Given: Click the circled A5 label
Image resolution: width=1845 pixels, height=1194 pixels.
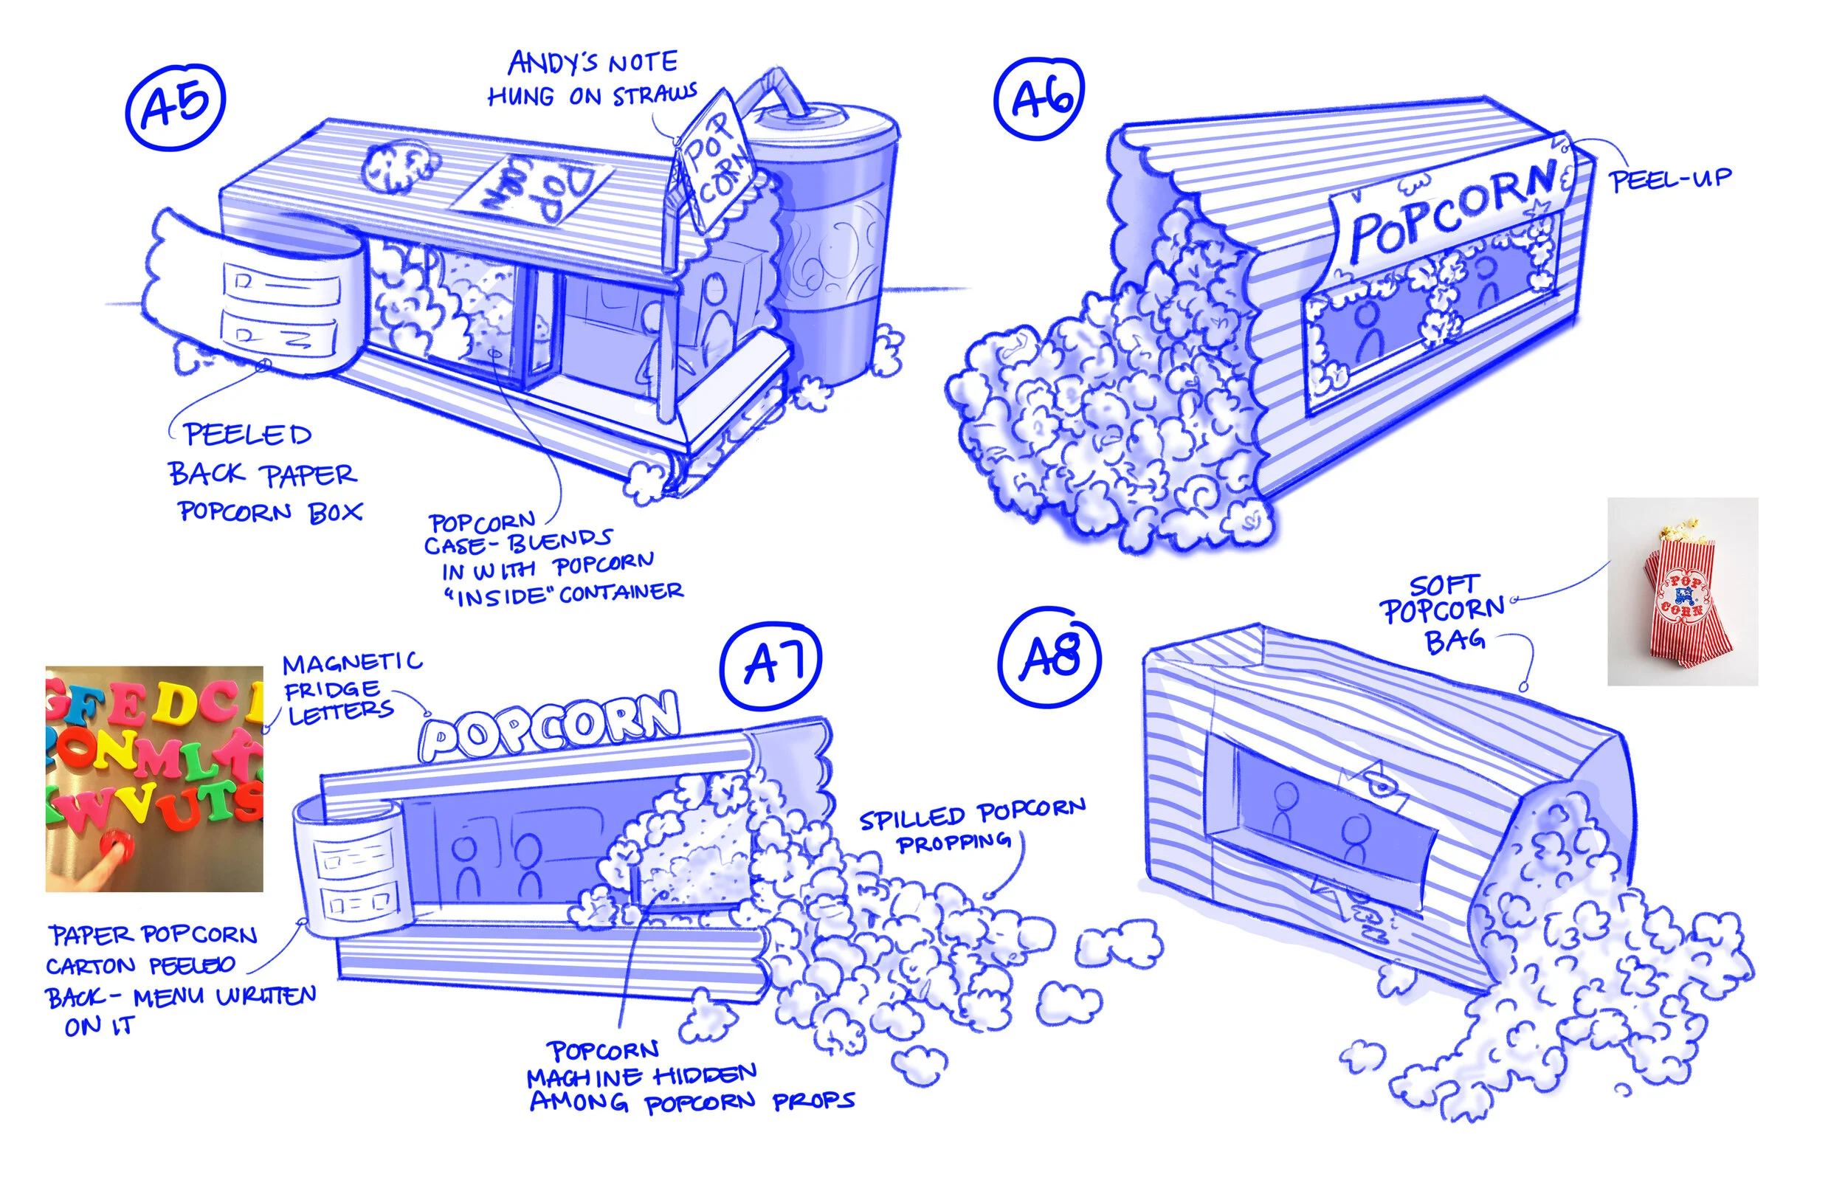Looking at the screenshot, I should (175, 106).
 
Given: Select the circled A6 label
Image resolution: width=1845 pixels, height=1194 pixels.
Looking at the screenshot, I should (1039, 99).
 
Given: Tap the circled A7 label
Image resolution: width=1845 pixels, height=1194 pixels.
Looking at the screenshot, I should (770, 663).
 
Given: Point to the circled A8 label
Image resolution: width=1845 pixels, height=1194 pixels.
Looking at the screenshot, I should (1049, 657).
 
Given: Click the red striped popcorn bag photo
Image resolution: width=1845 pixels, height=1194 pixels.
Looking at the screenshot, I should (1682, 592).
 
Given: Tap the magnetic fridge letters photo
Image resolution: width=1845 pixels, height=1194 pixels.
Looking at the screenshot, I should (154, 779).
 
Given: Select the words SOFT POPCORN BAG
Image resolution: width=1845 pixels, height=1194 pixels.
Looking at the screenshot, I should (1444, 612).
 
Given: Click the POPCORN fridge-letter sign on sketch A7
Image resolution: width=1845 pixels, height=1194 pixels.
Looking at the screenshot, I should (551, 726).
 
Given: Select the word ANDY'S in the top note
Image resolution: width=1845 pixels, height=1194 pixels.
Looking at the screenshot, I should (552, 62).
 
